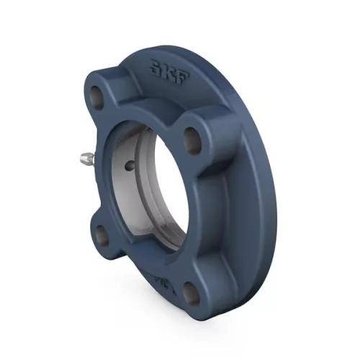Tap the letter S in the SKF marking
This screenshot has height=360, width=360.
(156, 68)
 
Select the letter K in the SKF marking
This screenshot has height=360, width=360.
(167, 70)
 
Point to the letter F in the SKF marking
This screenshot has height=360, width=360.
(179, 73)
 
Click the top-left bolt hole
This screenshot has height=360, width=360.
(96, 93)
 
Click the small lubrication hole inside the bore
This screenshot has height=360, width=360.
(129, 166)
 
